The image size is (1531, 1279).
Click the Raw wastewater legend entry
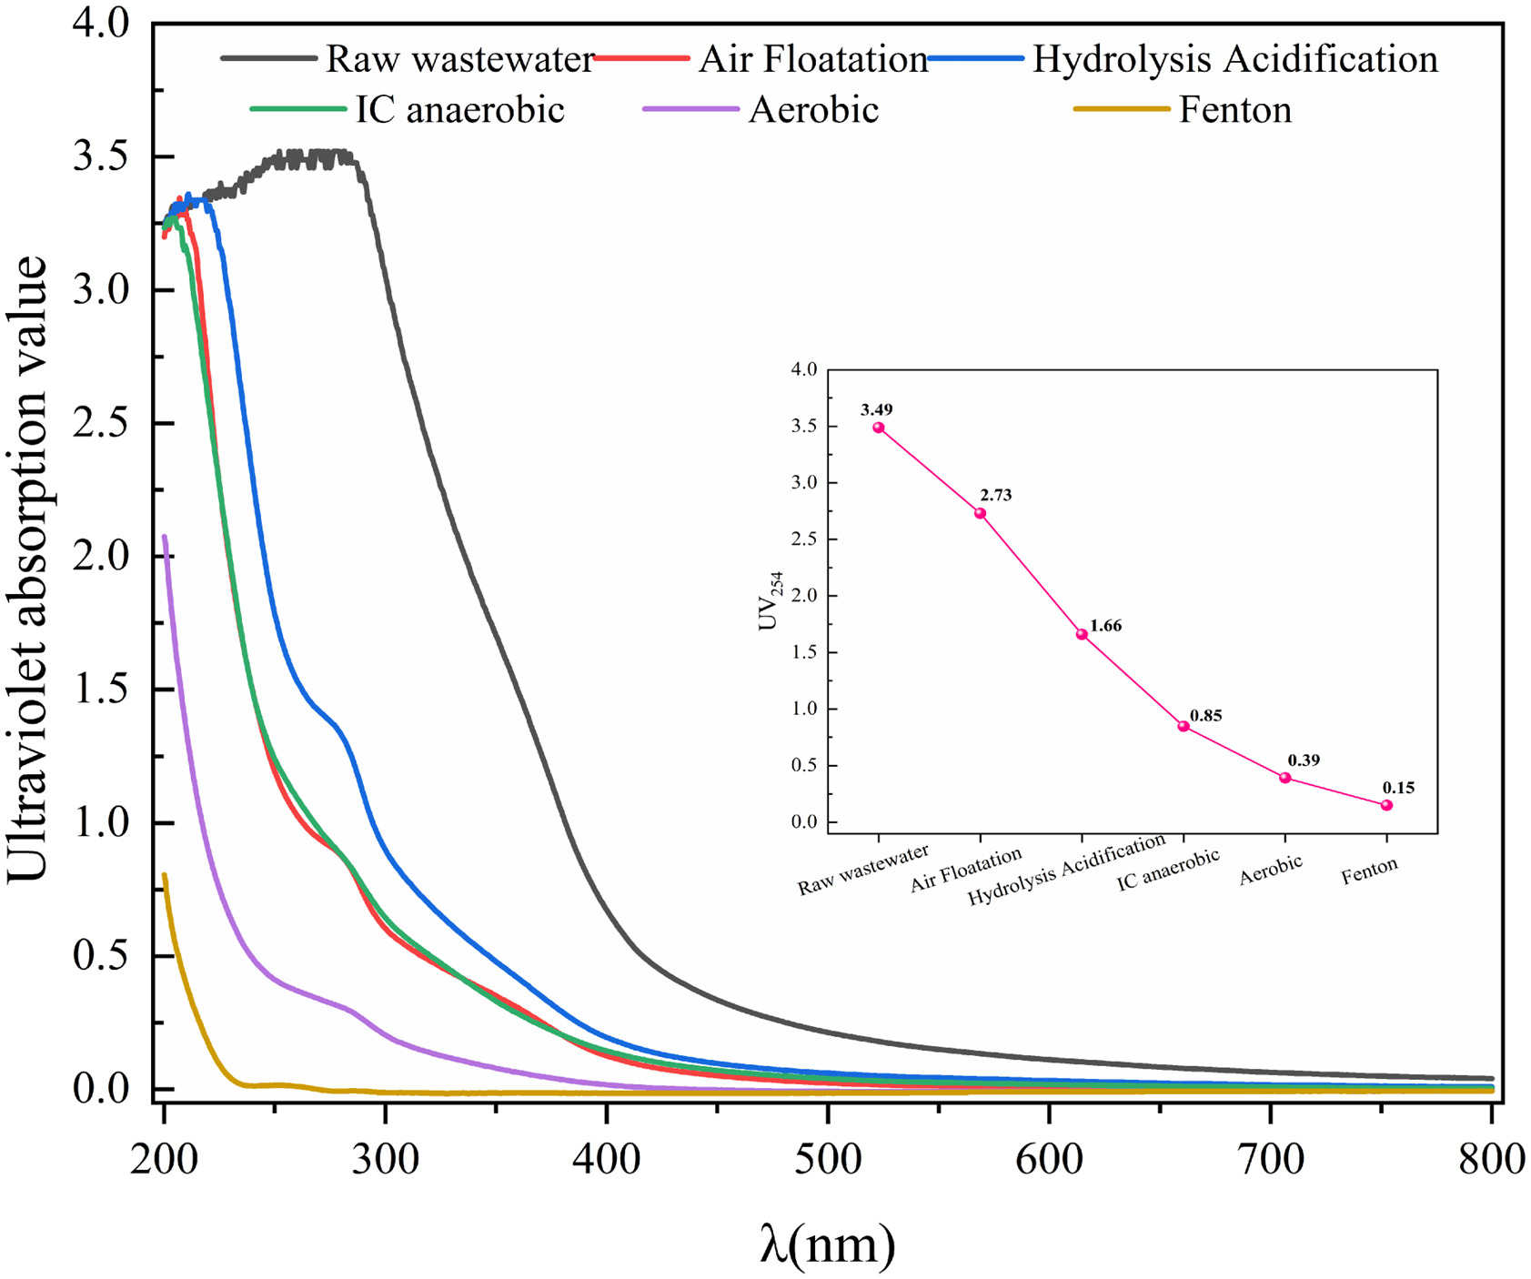[x=459, y=60]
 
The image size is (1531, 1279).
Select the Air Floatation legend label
[x=812, y=60]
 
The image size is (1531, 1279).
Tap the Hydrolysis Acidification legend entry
[x=1234, y=60]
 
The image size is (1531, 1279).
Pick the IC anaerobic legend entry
[x=459, y=110]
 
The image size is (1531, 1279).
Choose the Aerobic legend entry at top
[x=813, y=110]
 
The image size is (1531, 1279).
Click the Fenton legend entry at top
[x=1234, y=110]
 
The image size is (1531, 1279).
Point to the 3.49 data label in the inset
[x=876, y=410]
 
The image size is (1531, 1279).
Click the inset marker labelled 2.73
[x=980, y=513]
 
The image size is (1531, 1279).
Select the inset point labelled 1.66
[x=1082, y=634]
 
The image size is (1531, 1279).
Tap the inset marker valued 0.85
[x=1184, y=726]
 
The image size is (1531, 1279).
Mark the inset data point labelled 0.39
[x=1285, y=778]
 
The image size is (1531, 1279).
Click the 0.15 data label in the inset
[x=1398, y=788]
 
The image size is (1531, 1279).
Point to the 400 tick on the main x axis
[x=606, y=1160]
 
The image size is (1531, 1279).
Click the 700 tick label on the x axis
[x=1271, y=1160]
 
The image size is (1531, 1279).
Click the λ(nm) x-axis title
[x=827, y=1244]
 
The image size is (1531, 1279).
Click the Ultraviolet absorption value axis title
[x=27, y=569]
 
